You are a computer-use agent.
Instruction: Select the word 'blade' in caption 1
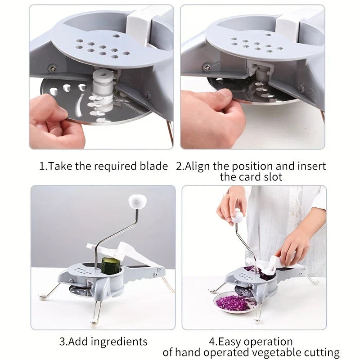click(152, 166)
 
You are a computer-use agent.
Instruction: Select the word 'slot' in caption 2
click(272, 176)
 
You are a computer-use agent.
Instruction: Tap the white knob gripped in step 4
click(238, 217)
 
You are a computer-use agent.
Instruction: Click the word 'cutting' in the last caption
click(322, 352)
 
